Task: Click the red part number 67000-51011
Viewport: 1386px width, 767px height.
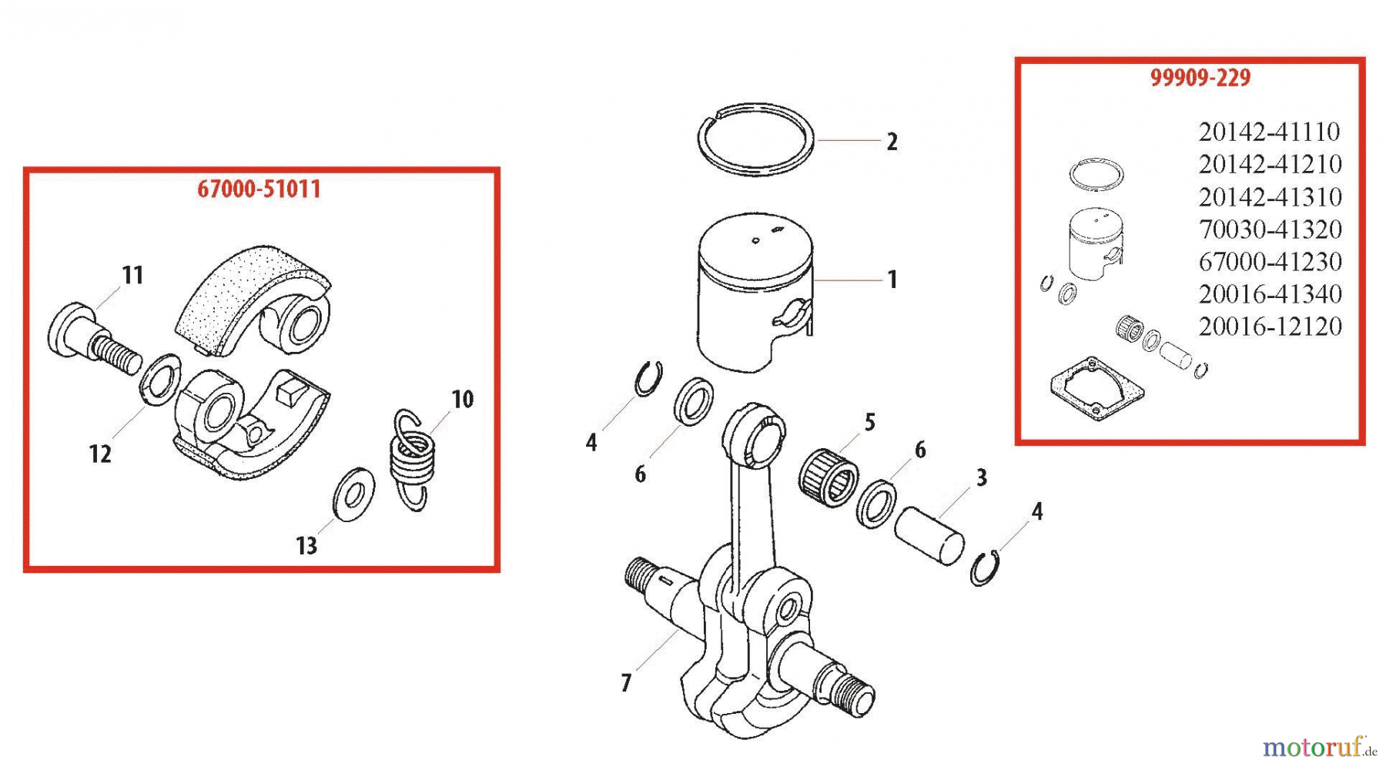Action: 259,189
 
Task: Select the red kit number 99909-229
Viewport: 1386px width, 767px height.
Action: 1200,78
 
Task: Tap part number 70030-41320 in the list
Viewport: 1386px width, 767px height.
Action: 1270,229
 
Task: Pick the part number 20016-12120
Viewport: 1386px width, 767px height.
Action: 1270,327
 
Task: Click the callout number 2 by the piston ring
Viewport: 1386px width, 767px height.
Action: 892,142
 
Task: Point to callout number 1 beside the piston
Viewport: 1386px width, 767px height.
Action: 892,280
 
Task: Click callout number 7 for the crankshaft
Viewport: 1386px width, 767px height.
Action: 626,682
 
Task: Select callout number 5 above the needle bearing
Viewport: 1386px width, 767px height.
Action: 869,422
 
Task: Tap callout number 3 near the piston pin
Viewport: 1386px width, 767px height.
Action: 981,477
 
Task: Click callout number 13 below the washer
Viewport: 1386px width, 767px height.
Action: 306,545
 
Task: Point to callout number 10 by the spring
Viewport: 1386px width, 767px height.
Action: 462,399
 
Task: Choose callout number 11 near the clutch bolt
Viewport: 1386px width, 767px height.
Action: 132,275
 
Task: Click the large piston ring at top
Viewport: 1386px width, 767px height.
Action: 755,139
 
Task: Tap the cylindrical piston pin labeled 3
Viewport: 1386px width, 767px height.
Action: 929,535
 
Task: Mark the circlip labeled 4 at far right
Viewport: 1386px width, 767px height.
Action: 985,569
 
